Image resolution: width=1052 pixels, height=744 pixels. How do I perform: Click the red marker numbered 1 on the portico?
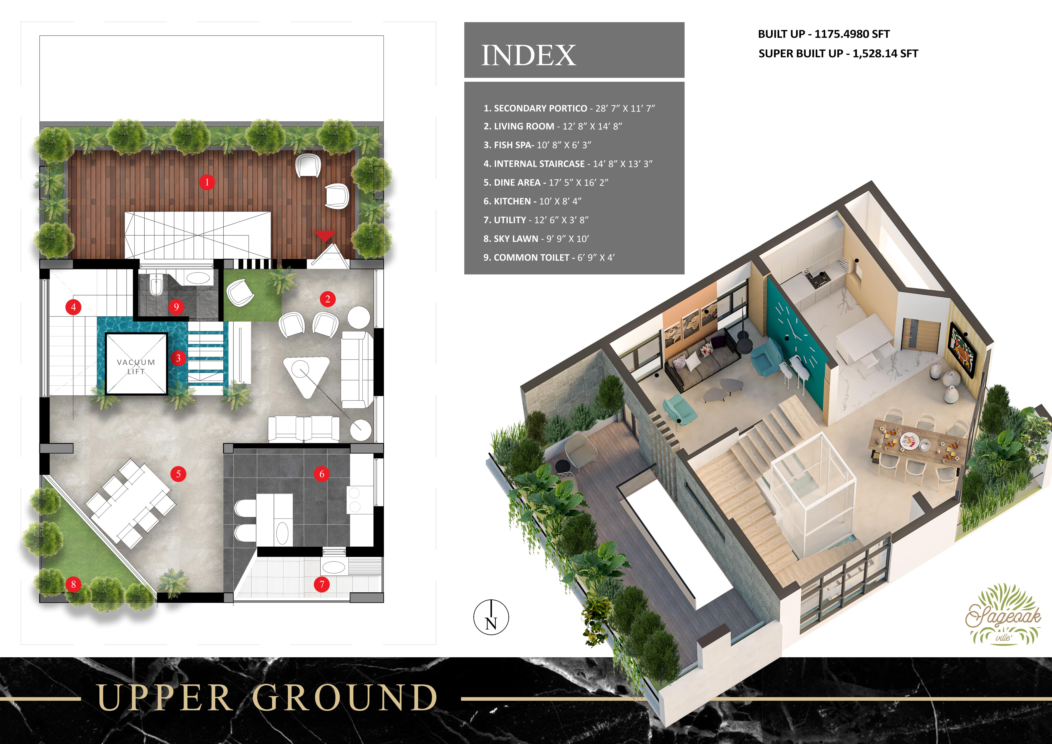pyautogui.click(x=207, y=182)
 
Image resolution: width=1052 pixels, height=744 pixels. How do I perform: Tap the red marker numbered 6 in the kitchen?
pyautogui.click(x=322, y=474)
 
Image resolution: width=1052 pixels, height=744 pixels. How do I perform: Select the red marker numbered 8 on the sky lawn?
pyautogui.click(x=73, y=584)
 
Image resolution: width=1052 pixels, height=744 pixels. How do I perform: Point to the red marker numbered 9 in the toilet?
pyautogui.click(x=176, y=306)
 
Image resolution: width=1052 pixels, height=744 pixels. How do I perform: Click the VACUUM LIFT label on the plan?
pyautogui.click(x=136, y=366)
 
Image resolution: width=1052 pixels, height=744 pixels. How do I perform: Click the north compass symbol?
pyautogui.click(x=491, y=617)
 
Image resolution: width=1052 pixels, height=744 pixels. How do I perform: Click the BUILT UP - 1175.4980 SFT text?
pyautogui.click(x=823, y=34)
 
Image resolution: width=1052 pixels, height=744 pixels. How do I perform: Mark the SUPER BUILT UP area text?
pyautogui.click(x=838, y=54)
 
